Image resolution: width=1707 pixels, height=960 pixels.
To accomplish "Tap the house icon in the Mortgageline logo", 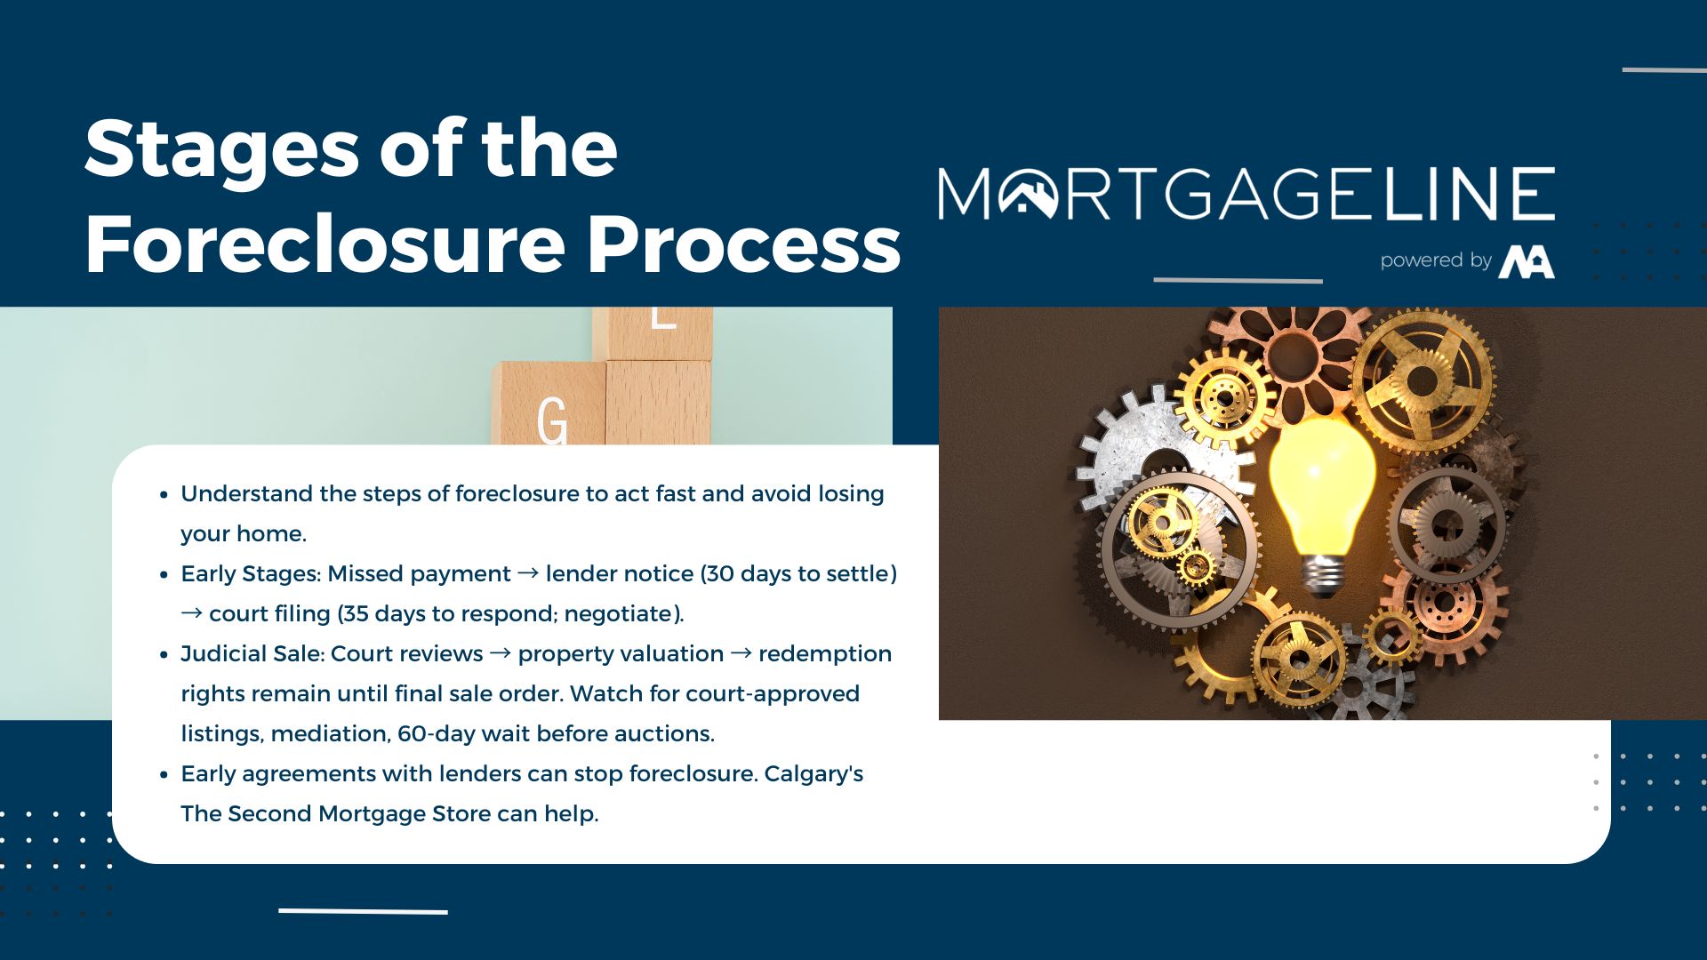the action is point(1028,193).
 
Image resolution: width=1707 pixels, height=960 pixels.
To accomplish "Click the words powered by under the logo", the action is point(1436,260).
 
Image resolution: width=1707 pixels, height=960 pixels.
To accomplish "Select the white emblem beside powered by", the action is point(1527,262).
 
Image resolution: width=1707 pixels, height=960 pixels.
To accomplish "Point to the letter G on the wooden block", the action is point(551,420).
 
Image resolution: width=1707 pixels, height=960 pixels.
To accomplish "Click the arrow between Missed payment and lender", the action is point(528,573).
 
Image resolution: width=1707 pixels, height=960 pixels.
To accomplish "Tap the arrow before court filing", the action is point(191,613).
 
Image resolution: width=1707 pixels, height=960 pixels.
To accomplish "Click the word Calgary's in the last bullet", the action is point(813,774).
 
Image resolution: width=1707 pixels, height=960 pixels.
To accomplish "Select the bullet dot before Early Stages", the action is point(164,575).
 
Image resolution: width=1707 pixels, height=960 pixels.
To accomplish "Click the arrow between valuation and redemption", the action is point(741,653).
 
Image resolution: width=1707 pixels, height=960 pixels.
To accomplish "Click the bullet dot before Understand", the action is point(164,495).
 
